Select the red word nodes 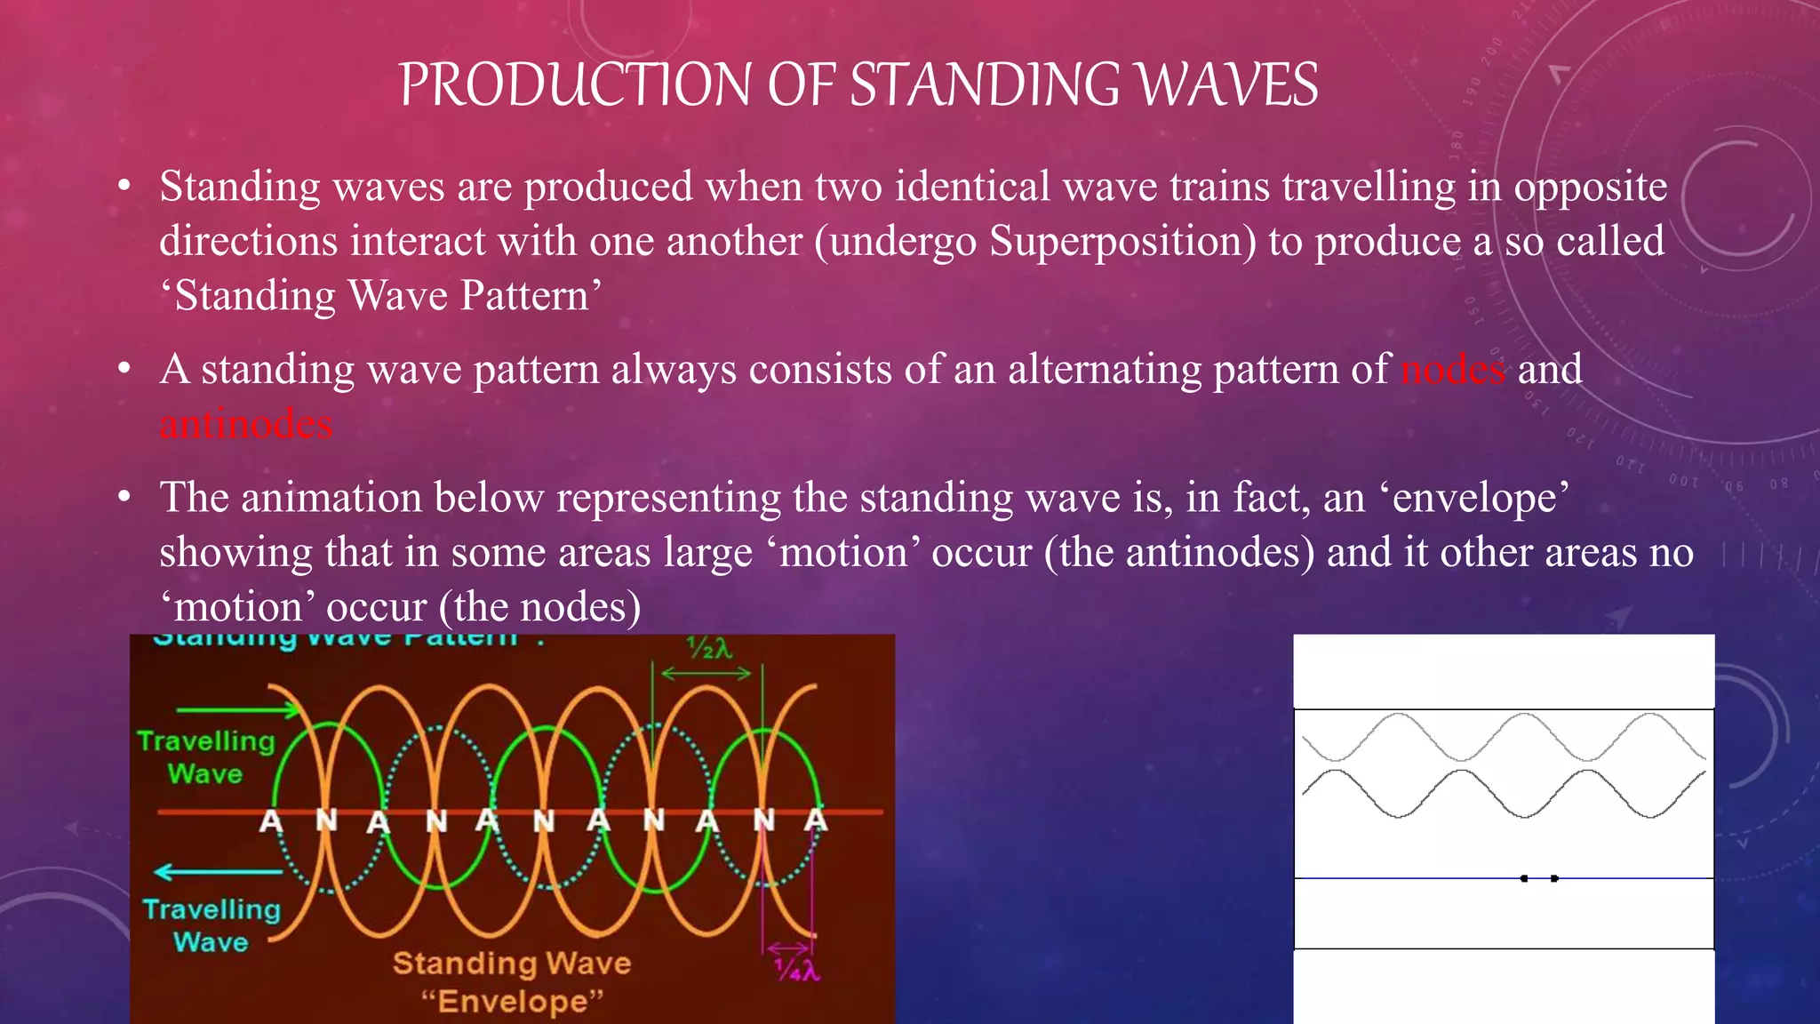point(1453,370)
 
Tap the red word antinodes point(246,425)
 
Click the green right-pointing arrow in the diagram point(240,709)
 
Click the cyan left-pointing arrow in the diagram point(218,871)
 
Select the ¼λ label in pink point(796,970)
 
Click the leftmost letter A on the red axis point(271,821)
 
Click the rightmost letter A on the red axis point(816,820)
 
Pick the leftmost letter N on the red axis point(326,821)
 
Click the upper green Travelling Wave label point(206,757)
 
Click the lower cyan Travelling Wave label point(212,925)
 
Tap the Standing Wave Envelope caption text point(512,981)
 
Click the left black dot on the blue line point(1524,878)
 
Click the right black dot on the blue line point(1554,878)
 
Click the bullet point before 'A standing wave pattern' point(125,368)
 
